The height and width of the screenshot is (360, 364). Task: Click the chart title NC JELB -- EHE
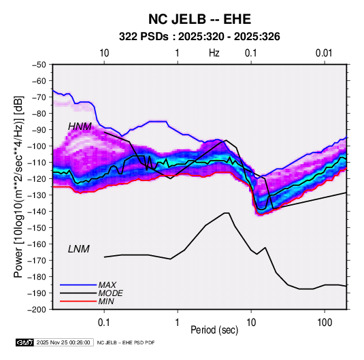click(x=199, y=19)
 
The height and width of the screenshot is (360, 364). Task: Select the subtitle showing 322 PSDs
click(x=199, y=37)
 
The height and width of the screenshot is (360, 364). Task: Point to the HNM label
click(x=80, y=127)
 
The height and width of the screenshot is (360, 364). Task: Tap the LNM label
click(x=79, y=249)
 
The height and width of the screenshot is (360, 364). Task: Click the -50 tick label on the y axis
click(x=39, y=65)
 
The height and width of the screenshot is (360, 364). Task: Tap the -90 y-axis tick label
click(x=39, y=130)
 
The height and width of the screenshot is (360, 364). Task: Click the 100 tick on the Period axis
click(x=325, y=323)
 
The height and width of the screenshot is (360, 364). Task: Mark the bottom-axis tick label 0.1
click(x=104, y=323)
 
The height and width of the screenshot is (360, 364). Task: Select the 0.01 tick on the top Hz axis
click(x=324, y=53)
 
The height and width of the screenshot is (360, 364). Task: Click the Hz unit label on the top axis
click(x=214, y=53)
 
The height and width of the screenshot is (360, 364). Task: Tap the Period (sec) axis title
click(x=214, y=330)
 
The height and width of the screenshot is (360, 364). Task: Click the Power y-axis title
click(x=18, y=187)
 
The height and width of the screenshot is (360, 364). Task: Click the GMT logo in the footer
click(x=24, y=342)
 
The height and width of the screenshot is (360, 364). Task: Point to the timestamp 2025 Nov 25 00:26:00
click(x=63, y=342)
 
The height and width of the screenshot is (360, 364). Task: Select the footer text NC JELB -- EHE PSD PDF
click(x=126, y=342)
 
